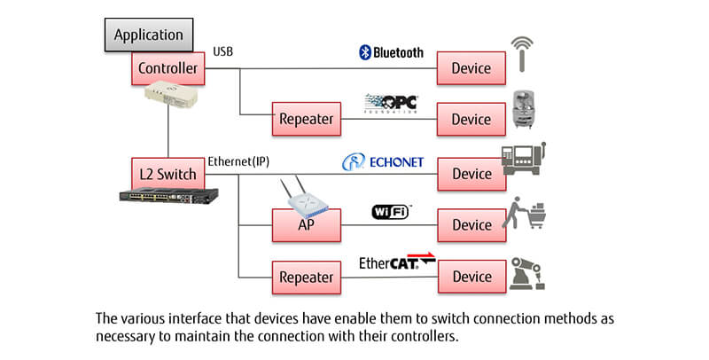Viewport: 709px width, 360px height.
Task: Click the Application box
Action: coord(149,36)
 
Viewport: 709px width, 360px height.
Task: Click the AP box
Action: coord(305,224)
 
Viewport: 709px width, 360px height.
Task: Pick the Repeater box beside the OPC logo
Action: coord(305,119)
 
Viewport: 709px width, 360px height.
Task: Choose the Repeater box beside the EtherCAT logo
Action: coord(305,277)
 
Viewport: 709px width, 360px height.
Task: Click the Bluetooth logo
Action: coord(391,52)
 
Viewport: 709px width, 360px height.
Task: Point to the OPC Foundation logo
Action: coord(391,103)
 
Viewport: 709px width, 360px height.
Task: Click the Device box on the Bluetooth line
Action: coord(471,67)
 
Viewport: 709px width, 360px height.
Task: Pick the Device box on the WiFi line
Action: coord(471,224)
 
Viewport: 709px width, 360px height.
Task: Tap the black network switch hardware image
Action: coord(169,197)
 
